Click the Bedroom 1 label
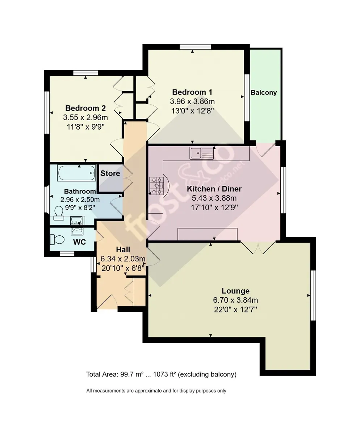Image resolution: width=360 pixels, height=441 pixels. click(x=192, y=92)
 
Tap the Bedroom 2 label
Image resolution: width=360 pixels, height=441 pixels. click(x=85, y=108)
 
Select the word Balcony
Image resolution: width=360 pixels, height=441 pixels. click(x=264, y=92)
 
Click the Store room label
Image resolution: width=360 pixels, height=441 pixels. click(x=110, y=173)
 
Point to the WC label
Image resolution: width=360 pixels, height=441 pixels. click(x=79, y=242)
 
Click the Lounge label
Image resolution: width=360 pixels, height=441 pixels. click(x=235, y=291)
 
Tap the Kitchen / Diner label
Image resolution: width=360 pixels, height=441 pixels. click(x=214, y=189)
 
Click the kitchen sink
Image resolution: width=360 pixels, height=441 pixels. click(x=202, y=153)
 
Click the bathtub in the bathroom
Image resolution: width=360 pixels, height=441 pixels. click(x=76, y=173)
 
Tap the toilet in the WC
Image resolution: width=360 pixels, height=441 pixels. click(x=57, y=240)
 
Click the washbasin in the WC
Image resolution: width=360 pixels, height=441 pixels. click(x=77, y=231)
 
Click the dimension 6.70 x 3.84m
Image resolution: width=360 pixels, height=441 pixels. click(x=235, y=300)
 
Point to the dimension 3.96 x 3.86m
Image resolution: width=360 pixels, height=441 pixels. click(x=192, y=101)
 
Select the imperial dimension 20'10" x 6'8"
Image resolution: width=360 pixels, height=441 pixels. click(x=123, y=268)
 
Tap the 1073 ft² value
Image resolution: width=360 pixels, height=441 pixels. click(x=164, y=374)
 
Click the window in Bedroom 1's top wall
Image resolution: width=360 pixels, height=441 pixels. click(x=195, y=47)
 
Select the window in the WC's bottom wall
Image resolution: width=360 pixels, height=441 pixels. click(x=67, y=254)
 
